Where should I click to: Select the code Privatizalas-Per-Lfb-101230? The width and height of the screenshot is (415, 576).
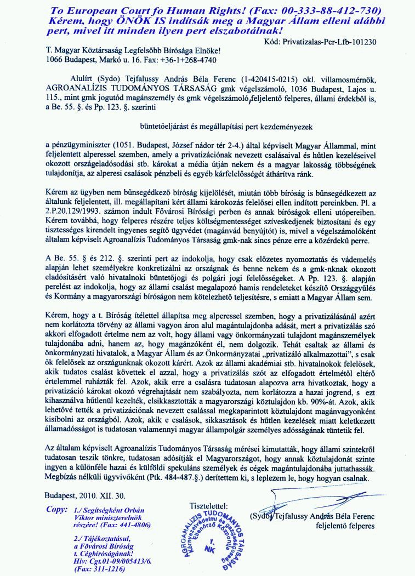point(325,41)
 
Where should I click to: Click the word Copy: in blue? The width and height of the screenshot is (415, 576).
point(57,509)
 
